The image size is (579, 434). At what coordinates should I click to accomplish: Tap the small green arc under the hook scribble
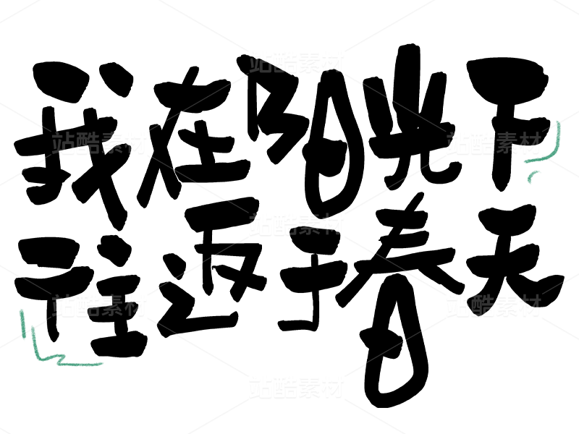point(533,175)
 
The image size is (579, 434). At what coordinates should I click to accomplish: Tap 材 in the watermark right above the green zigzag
point(135,306)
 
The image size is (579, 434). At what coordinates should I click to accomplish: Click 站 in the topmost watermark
point(261,62)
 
